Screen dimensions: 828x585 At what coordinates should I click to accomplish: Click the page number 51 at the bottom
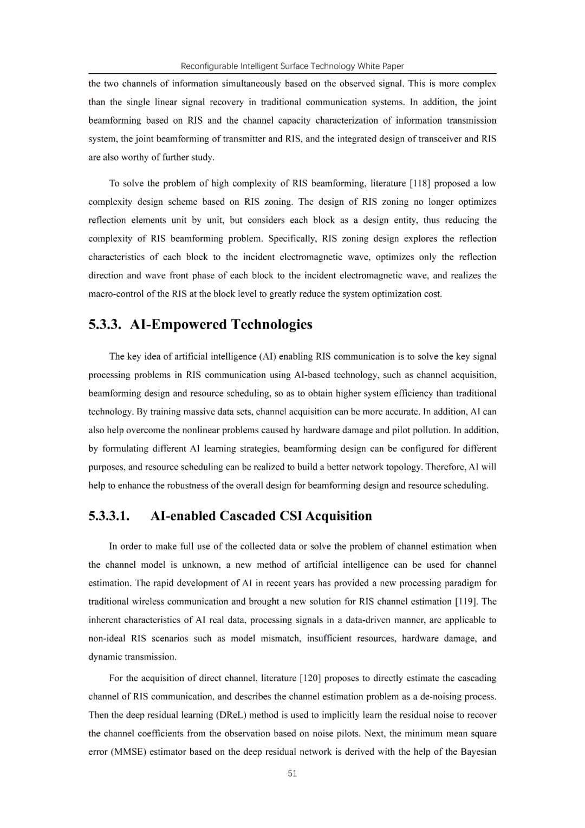click(x=292, y=773)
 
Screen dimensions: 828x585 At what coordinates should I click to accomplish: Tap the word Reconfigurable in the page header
click(x=207, y=66)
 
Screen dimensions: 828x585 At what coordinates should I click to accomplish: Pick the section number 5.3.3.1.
click(x=109, y=516)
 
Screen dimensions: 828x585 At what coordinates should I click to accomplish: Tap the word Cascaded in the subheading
click(x=248, y=516)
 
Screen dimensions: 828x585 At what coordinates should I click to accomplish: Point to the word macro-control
click(x=113, y=294)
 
